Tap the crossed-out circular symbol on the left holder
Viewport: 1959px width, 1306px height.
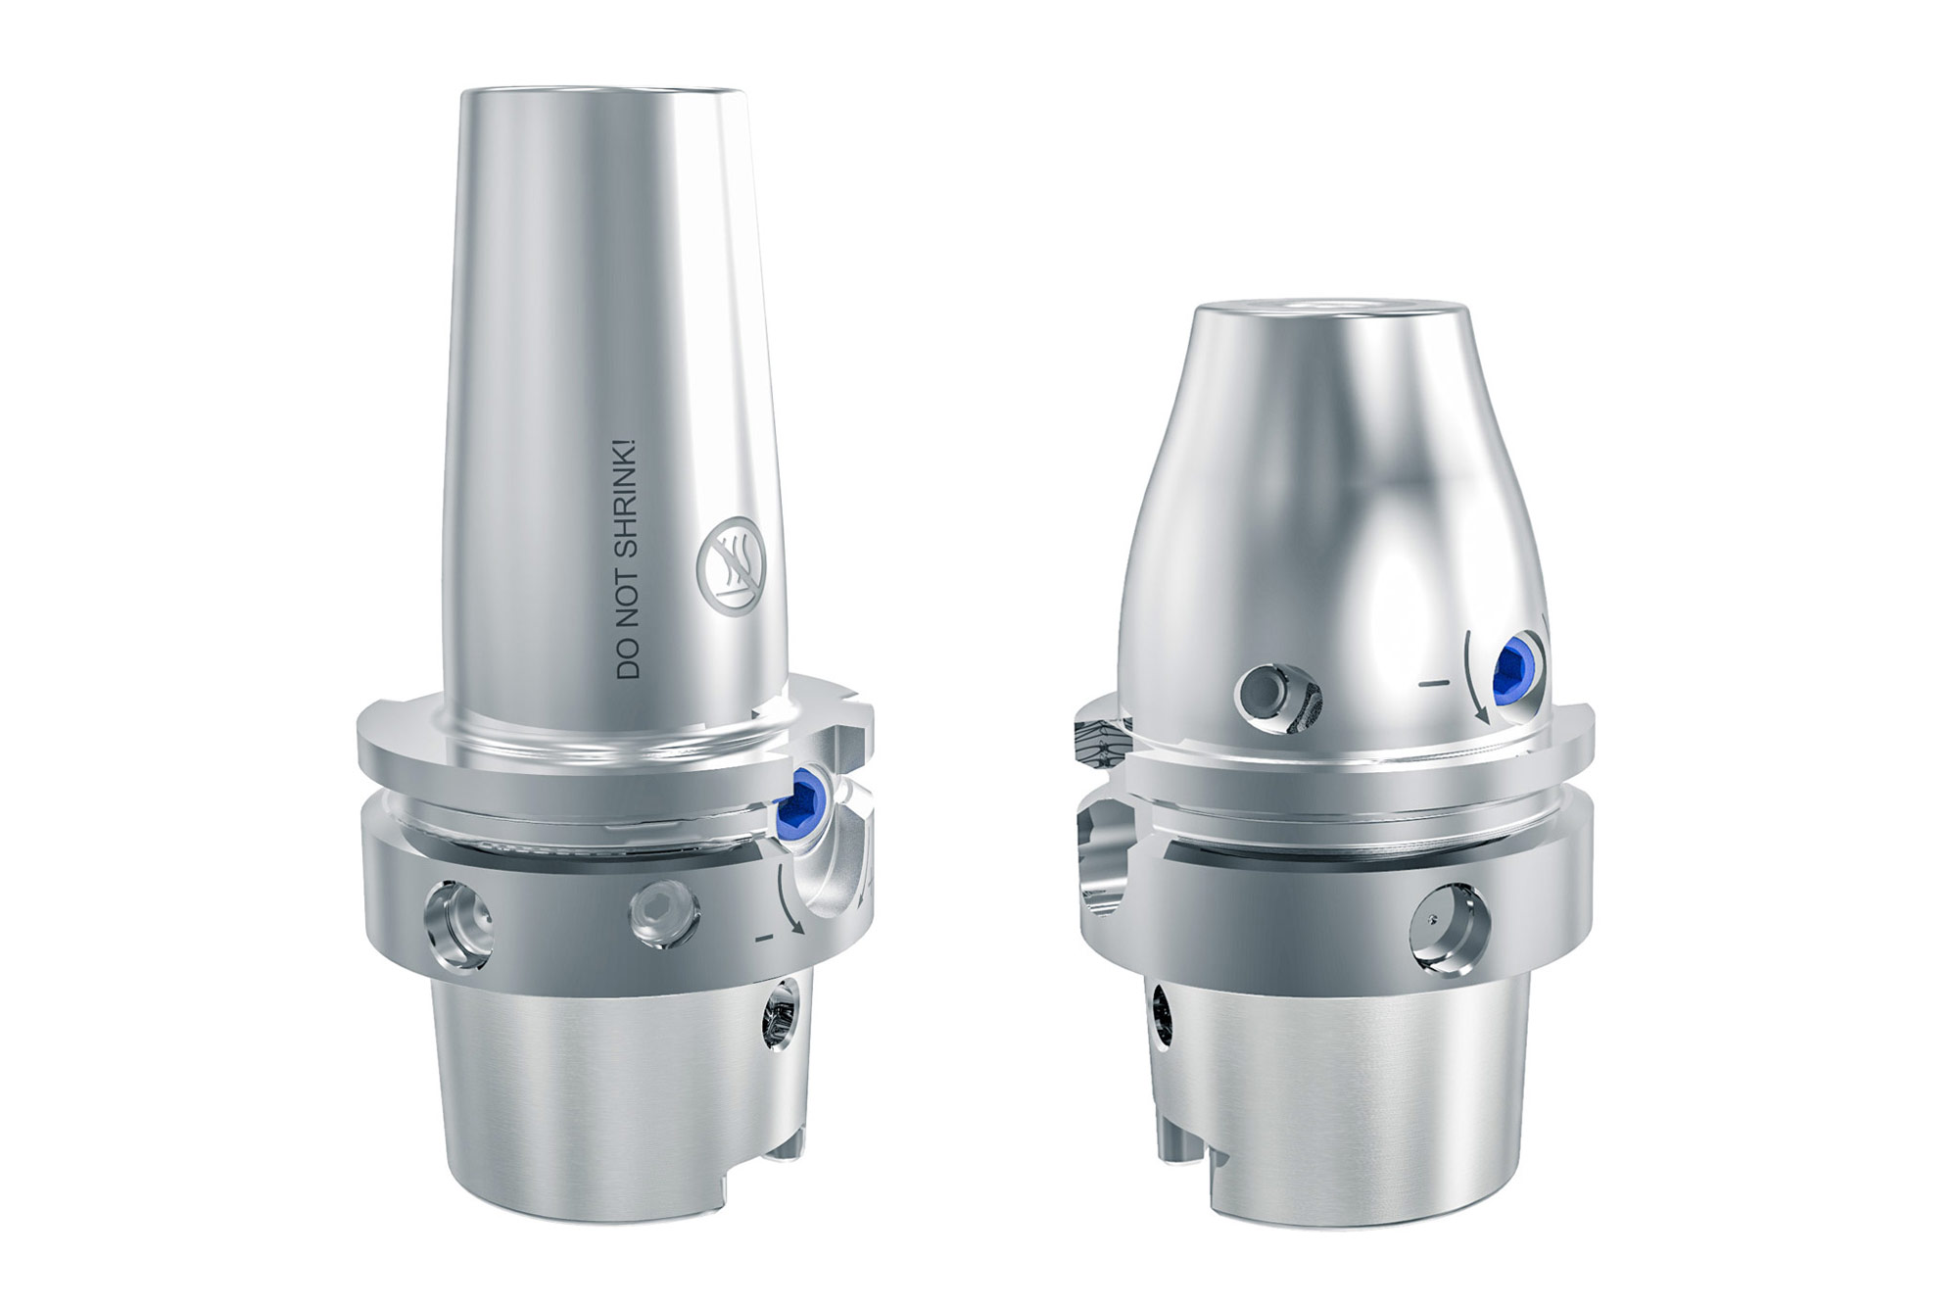click(x=728, y=566)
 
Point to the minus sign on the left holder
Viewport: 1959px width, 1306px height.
click(x=766, y=939)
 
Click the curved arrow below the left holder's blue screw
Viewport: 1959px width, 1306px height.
click(x=789, y=899)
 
